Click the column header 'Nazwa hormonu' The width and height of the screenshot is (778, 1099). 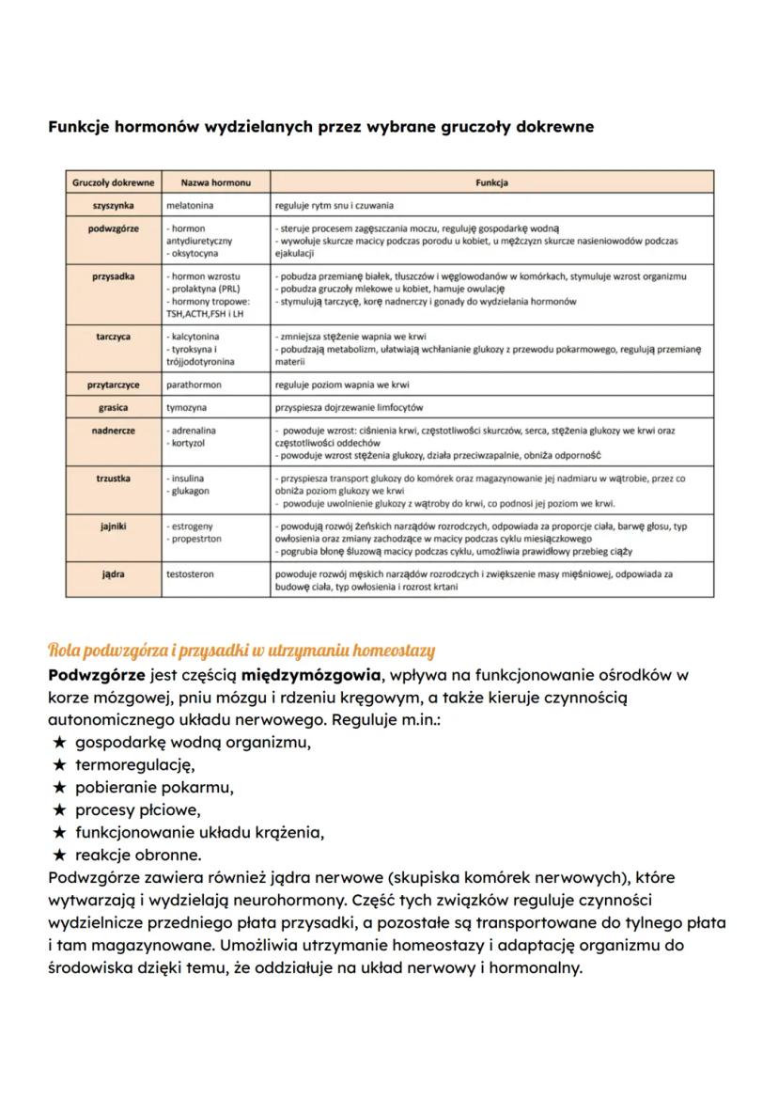click(208, 182)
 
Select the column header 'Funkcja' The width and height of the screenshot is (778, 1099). click(491, 182)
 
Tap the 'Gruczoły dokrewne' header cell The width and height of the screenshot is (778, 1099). click(113, 182)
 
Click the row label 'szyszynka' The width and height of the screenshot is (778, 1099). click(113, 205)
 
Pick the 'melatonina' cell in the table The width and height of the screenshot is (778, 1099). click(190, 205)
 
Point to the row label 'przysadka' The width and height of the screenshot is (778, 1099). click(113, 276)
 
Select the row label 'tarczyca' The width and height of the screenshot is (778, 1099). click(113, 336)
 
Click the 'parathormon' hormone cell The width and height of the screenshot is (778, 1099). click(194, 385)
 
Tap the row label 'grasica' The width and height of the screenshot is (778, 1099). click(113, 407)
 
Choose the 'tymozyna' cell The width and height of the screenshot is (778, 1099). click(188, 407)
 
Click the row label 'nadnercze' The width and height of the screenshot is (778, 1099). click(113, 431)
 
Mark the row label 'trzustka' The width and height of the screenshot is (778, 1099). click(113, 479)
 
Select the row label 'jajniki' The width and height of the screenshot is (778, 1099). click(113, 526)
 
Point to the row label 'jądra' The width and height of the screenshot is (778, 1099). click(113, 572)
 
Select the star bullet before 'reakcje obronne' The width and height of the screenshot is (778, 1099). click(58, 856)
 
